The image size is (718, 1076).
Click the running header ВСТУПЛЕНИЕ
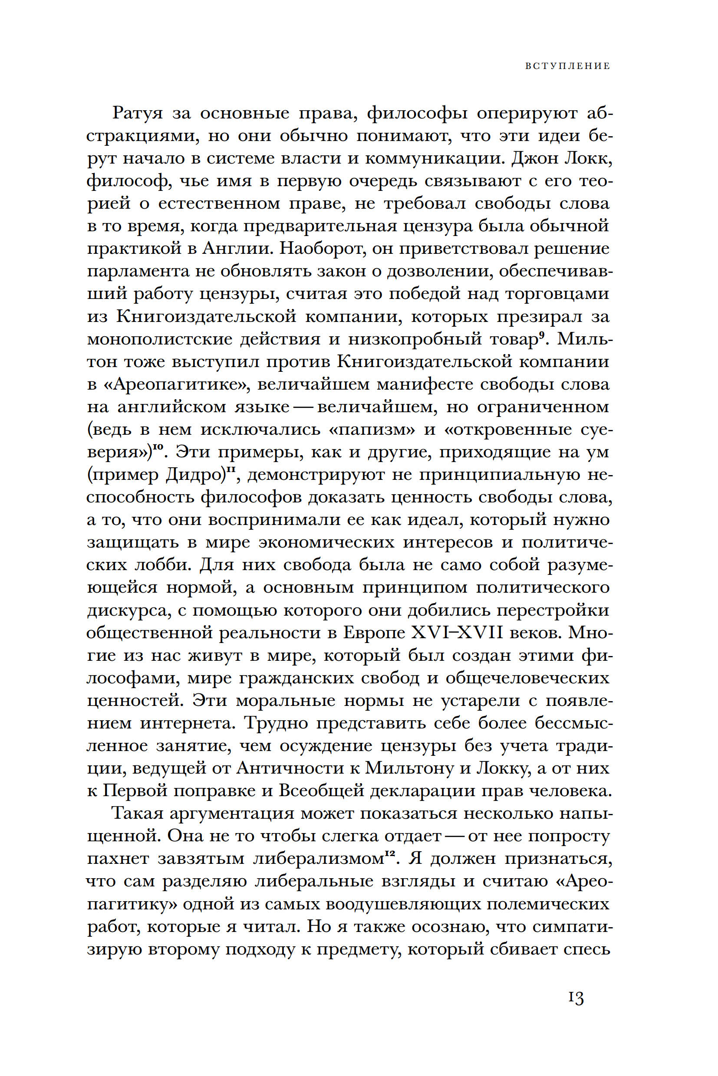[x=567, y=66]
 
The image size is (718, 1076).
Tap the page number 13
[x=576, y=1011]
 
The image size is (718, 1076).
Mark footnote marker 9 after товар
[x=541, y=335]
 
